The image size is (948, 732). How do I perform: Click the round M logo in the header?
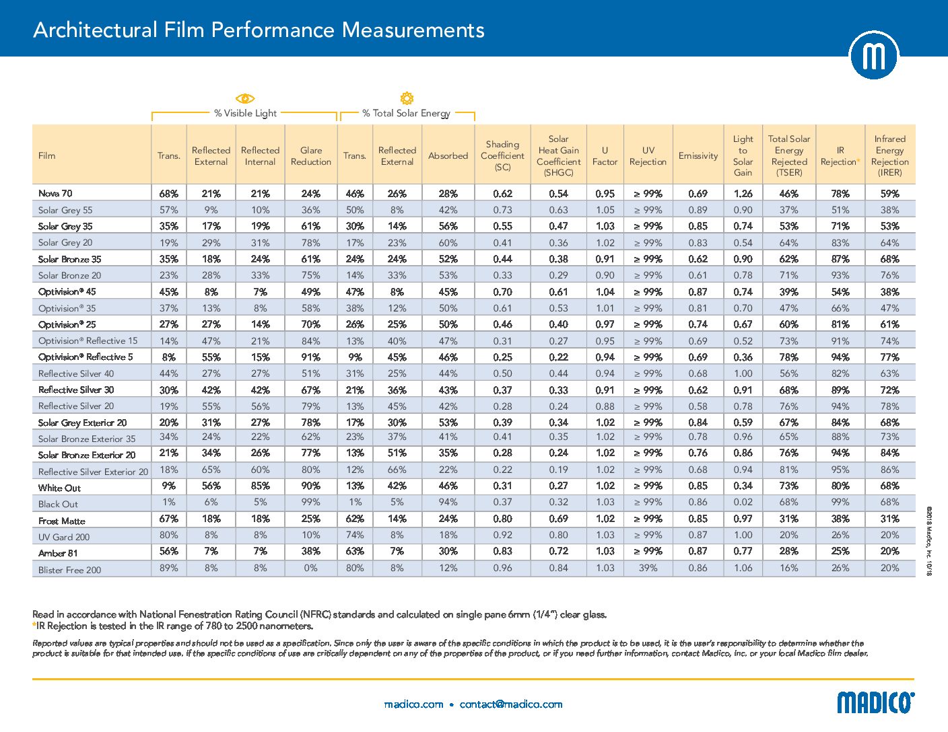[874, 55]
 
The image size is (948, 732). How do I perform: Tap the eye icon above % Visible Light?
[245, 98]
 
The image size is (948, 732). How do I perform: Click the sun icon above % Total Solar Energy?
[407, 98]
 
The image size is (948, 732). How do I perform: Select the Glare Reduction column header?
[310, 155]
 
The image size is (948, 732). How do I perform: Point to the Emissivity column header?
[698, 155]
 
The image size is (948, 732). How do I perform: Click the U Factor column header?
[605, 155]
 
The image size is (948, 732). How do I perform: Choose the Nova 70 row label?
[55, 193]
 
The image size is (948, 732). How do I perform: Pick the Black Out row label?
[58, 504]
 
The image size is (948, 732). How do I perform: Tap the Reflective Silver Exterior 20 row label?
[93, 472]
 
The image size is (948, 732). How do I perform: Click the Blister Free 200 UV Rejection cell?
[648, 568]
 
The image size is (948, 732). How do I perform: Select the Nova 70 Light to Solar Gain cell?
[743, 194]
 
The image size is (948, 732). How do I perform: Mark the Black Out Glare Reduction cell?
[310, 503]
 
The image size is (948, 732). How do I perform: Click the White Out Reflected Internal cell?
[260, 486]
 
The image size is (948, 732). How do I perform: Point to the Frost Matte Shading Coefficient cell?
[502, 519]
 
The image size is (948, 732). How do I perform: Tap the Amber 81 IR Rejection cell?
[840, 552]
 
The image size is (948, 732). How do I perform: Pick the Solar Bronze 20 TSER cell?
[788, 276]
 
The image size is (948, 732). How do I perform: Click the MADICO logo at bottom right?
[875, 702]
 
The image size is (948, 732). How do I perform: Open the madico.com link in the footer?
[413, 704]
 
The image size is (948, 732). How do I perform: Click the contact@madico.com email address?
[511, 704]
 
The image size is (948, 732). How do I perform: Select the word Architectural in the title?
[95, 30]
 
